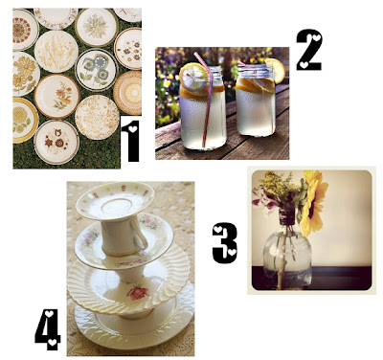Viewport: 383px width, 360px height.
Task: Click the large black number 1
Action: [x=130, y=141]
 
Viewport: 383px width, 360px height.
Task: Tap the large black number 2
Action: [x=309, y=50]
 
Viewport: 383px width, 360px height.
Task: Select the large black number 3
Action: [x=225, y=243]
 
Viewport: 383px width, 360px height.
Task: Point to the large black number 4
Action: [x=48, y=328]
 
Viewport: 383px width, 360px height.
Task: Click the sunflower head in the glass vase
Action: [x=313, y=202]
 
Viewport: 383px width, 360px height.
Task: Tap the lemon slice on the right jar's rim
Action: [x=275, y=70]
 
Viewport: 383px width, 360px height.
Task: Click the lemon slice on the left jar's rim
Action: [x=193, y=76]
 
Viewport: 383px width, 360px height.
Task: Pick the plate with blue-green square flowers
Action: [x=97, y=69]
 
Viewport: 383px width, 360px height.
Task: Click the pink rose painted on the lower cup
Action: [x=137, y=292]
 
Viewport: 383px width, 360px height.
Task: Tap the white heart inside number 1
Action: [x=133, y=129]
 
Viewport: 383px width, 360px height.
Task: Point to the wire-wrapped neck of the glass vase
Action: [x=287, y=216]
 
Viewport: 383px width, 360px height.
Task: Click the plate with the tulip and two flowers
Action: [x=56, y=142]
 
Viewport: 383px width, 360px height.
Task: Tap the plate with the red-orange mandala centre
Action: [x=23, y=30]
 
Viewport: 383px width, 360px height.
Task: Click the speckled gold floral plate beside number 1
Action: [x=97, y=118]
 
